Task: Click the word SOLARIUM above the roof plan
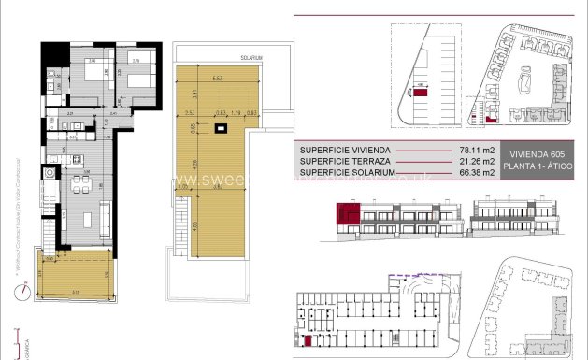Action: click(x=251, y=58)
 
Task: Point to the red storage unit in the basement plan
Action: click(x=308, y=340)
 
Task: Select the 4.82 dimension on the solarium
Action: click(x=217, y=186)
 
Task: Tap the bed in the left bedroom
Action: click(x=93, y=74)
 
